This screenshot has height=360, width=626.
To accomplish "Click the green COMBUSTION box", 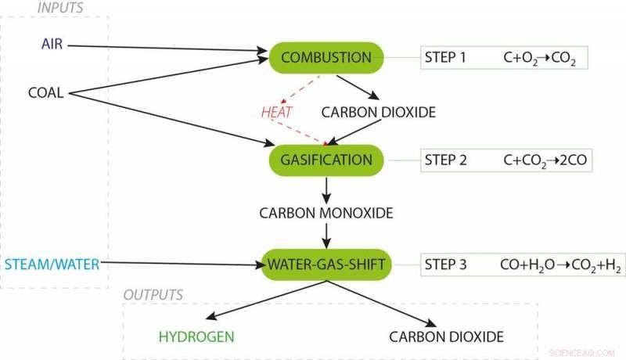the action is coord(326,58).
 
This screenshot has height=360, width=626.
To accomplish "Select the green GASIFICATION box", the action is coord(326,160).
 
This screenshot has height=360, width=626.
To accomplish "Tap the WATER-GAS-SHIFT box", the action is coord(326,265).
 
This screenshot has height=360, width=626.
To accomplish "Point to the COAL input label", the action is coord(45,93).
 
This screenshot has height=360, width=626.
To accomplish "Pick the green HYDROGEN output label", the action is coord(196,337).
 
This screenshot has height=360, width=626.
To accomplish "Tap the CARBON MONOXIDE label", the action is coord(326,212).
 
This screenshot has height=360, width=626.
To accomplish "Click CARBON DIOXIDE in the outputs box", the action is coord(446,337).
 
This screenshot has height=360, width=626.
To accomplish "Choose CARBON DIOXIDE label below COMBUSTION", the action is coord(379,113).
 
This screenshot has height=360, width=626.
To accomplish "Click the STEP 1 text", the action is coord(445,58).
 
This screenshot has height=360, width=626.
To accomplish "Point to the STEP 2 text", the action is coord(445,160).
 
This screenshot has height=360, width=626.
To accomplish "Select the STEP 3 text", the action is coord(445,265).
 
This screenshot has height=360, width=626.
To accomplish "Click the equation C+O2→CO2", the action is coord(539,59).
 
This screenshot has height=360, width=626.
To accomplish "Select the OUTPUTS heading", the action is coord(153,294).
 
